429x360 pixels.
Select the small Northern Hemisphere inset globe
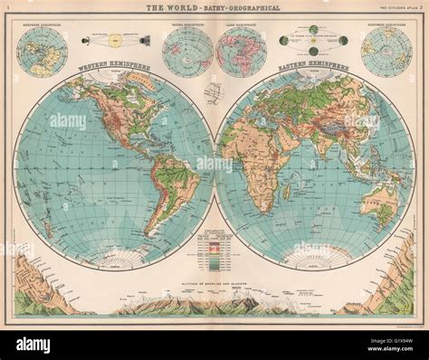tap(386, 52)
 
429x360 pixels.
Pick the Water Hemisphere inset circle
tap(187, 52)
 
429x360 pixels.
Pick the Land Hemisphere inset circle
tap(242, 52)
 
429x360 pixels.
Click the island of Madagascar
tap(287, 193)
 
